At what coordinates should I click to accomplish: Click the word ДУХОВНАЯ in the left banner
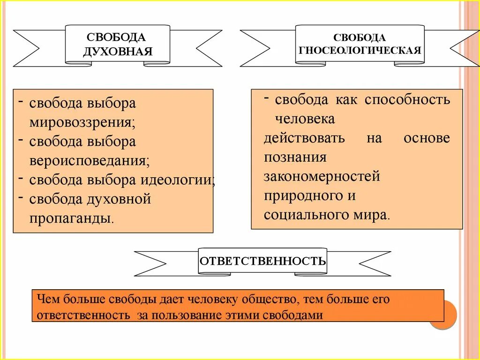point(118,51)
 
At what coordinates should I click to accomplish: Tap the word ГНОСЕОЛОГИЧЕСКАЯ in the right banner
point(360,50)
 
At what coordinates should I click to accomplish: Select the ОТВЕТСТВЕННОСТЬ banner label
point(262,261)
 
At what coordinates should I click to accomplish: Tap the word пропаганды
point(71,218)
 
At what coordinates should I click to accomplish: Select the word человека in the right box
point(305,119)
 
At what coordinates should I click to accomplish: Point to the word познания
point(295,157)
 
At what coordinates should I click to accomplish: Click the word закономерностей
point(322,177)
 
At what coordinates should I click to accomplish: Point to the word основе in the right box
point(426,138)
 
